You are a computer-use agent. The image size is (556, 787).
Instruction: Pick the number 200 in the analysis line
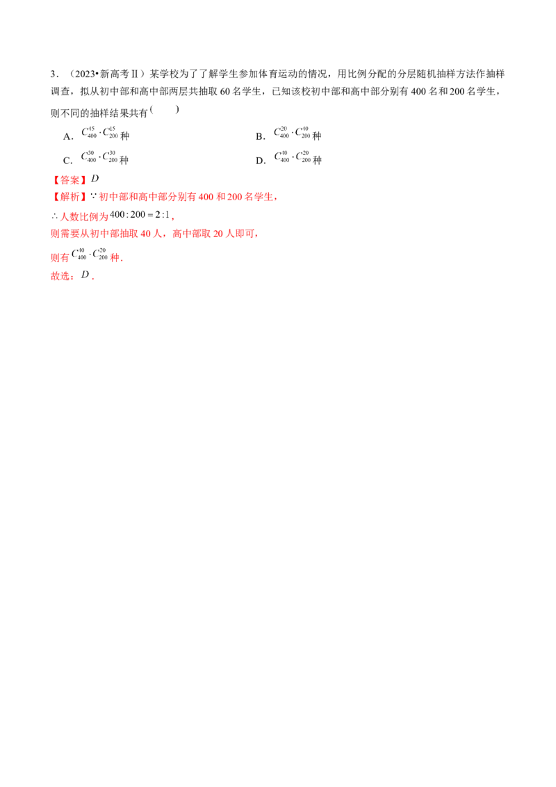click(234, 198)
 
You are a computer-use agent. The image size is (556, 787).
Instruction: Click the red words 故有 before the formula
click(60, 257)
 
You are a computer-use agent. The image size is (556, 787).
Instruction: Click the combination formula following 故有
click(91, 256)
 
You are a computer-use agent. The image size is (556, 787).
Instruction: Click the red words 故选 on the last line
click(62, 277)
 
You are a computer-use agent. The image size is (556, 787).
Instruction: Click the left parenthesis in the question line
click(153, 109)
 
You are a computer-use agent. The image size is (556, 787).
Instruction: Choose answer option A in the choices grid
click(97, 131)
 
